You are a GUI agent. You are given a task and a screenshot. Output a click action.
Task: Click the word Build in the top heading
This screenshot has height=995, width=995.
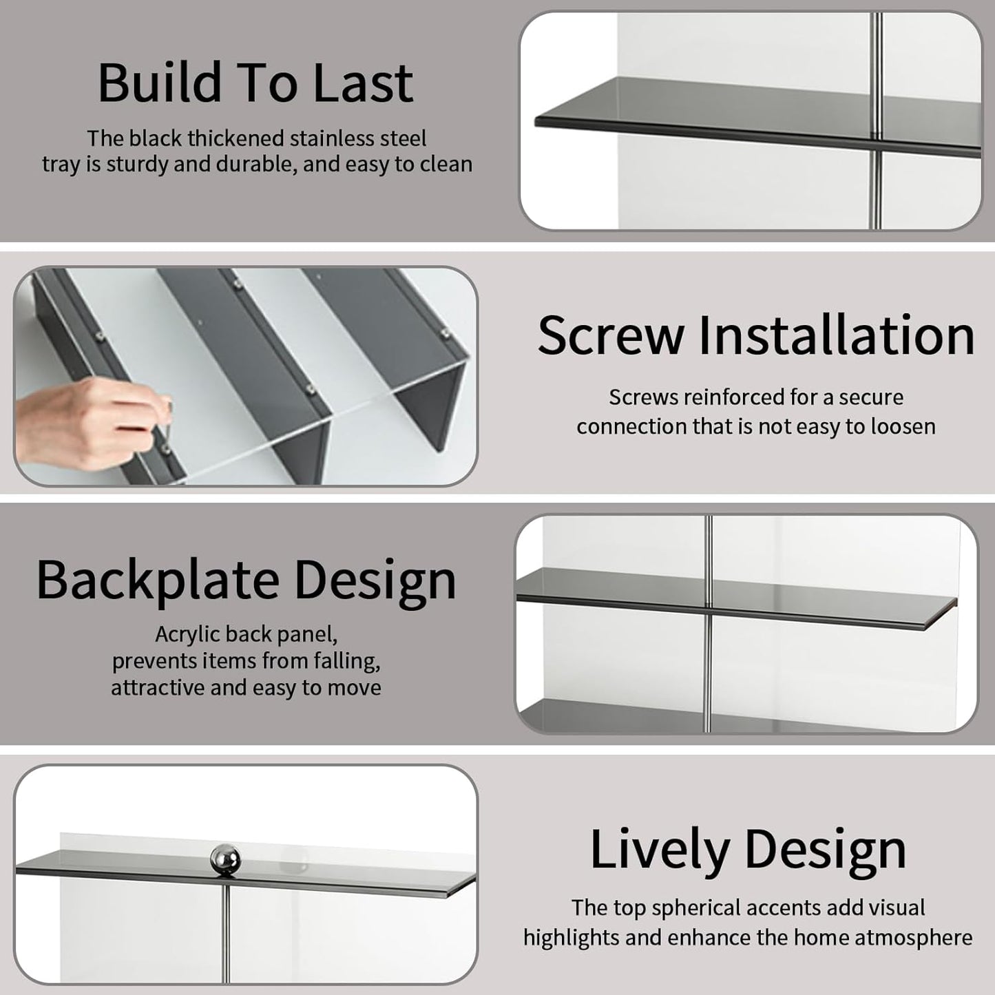point(160,83)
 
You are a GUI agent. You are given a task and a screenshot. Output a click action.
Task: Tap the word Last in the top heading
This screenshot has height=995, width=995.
point(362,83)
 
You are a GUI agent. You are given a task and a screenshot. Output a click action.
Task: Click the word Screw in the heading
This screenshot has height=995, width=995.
point(611,335)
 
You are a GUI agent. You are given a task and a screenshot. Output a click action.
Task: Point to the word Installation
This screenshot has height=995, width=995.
point(837,335)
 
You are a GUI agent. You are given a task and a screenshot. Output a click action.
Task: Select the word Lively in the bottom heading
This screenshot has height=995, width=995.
point(660,850)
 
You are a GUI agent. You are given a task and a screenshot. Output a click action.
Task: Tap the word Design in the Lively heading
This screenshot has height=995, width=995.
point(825,850)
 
